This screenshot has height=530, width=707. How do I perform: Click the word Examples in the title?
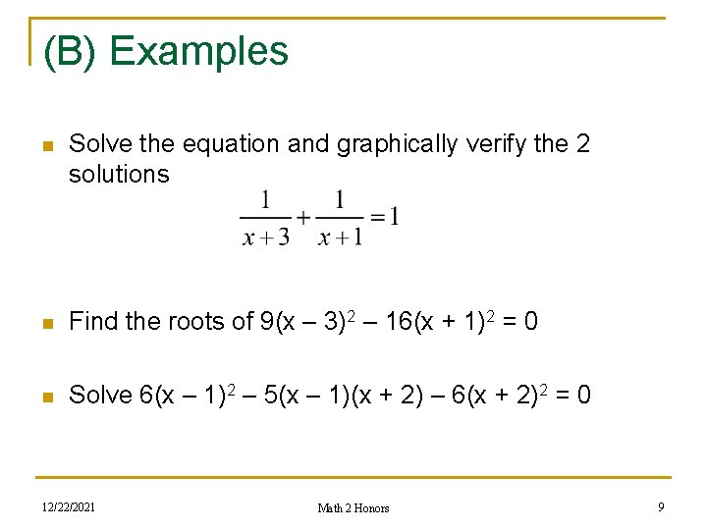[x=199, y=51]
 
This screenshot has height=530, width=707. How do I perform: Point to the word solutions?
[x=119, y=175]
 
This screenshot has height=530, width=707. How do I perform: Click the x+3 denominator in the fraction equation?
[x=265, y=237]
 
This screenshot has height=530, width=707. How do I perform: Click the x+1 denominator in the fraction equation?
[x=339, y=237]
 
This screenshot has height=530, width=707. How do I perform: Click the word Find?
[x=91, y=322]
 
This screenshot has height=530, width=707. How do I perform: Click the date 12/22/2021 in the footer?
[x=69, y=506]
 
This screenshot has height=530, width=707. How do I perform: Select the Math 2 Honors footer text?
[x=353, y=507]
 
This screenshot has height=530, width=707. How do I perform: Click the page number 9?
[x=662, y=506]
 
